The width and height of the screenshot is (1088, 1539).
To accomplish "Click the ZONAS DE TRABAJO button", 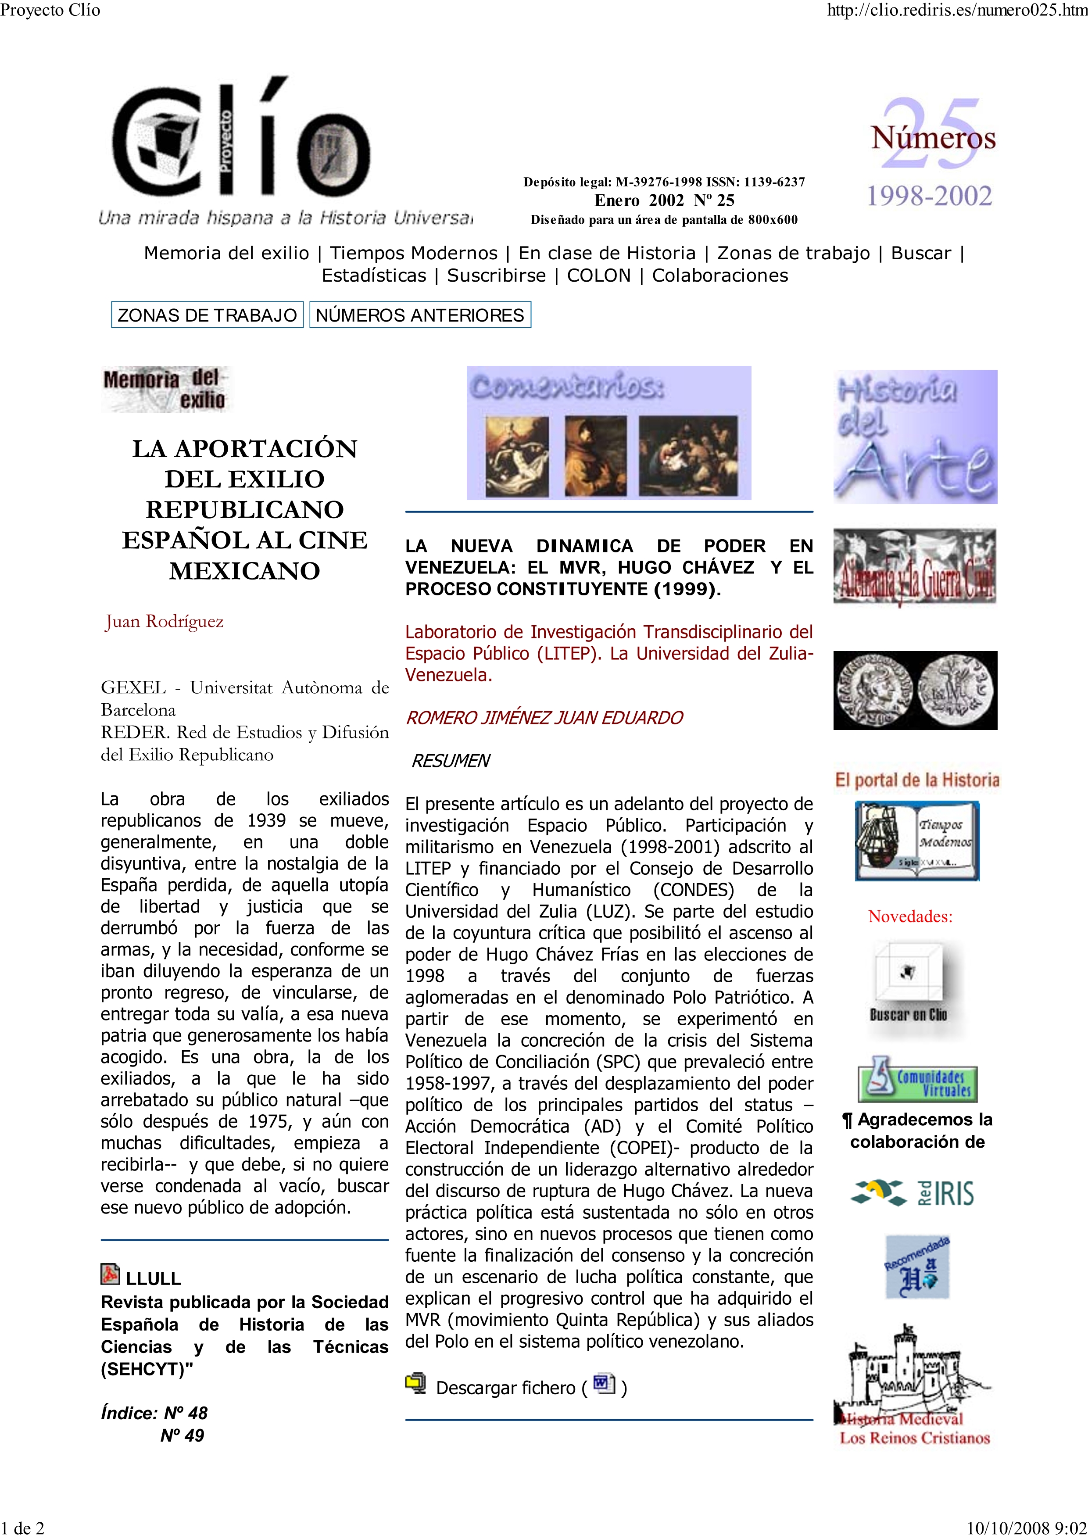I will coord(207,315).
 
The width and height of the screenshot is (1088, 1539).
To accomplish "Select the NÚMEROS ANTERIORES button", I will coord(420,315).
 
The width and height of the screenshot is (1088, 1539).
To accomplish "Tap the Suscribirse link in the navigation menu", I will coord(496,276).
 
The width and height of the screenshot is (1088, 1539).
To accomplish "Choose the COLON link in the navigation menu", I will coord(599,276).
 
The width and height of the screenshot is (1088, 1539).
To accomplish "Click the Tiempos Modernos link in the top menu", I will coord(414,254).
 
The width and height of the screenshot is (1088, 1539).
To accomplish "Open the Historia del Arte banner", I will coord(915,437).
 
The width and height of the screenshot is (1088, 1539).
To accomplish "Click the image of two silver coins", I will coord(915,691).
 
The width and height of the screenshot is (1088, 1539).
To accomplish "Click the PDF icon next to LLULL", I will coord(110,1274).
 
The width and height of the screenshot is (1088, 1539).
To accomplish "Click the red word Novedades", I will coord(910,916).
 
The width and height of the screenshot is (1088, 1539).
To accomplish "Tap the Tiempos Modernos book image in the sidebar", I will coord(916,841).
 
